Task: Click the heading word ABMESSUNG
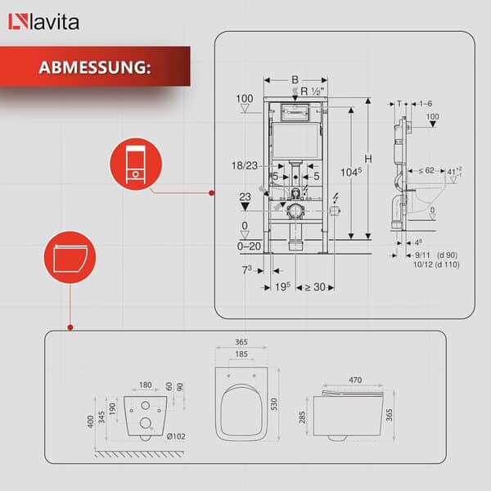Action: (94, 66)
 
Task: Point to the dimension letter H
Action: (368, 158)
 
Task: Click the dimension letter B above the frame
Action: (295, 79)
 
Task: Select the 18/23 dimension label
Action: (244, 165)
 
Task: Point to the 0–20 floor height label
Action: (249, 245)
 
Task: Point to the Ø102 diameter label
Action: (176, 436)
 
